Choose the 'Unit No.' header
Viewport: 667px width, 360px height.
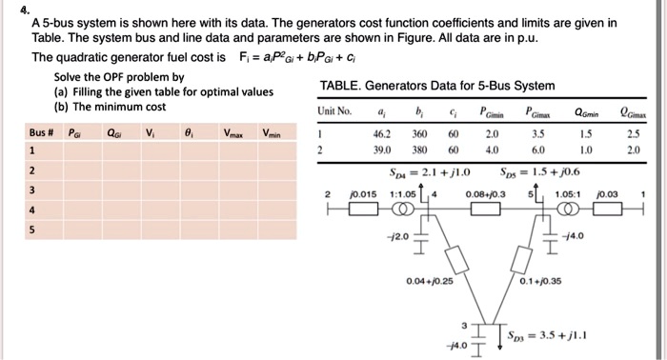(333, 113)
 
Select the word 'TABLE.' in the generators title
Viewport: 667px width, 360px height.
(340, 86)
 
